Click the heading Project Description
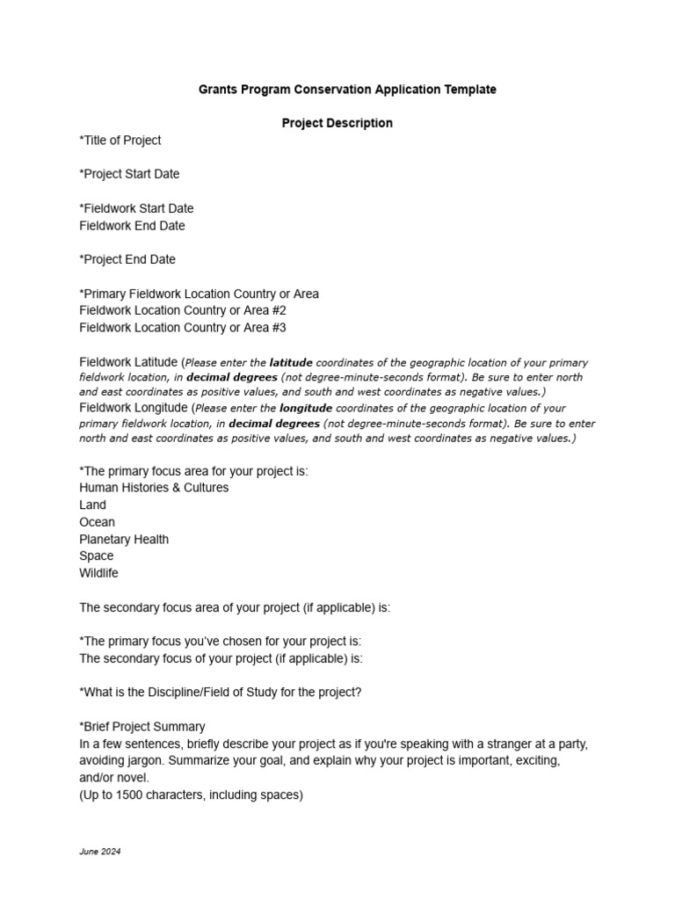pos(337,123)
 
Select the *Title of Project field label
pos(120,141)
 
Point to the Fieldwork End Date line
pos(132,226)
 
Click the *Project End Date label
pos(127,259)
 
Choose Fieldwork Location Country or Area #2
pos(183,311)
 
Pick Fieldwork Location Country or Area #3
pos(183,328)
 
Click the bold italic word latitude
pos(290,363)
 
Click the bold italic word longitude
pos(305,409)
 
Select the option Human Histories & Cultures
pos(154,488)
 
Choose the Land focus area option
pos(92,505)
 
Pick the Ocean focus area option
pos(97,522)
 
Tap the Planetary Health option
pos(124,540)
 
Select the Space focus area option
pos(96,556)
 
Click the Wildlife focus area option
pos(98,573)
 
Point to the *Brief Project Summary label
pos(142,727)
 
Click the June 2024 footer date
pos(99,853)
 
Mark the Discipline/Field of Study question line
pos(220,693)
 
